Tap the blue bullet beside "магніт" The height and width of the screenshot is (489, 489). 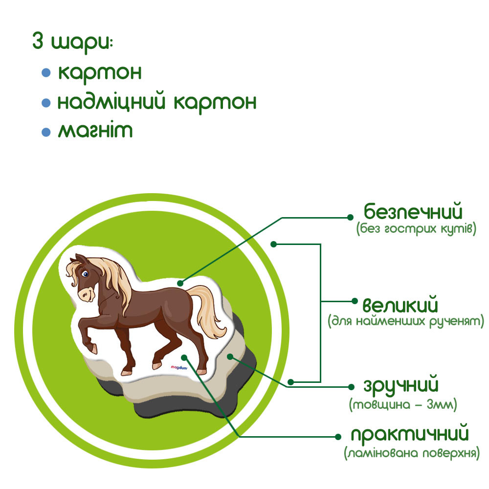(x=46, y=132)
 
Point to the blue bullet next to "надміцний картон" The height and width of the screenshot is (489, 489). (x=46, y=103)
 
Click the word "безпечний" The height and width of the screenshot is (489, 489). (x=413, y=213)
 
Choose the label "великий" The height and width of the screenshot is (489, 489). (x=400, y=306)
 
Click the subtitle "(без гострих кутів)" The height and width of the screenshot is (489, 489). (x=416, y=229)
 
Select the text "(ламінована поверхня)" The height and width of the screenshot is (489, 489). (x=411, y=453)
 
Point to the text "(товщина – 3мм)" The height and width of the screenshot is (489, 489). (x=403, y=404)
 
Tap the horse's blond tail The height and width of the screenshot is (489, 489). (x=208, y=313)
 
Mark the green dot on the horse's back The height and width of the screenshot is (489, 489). (x=180, y=283)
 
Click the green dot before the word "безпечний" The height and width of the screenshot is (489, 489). (x=350, y=217)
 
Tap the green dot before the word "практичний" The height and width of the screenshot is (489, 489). (x=337, y=435)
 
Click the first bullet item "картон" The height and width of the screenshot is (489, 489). (x=100, y=72)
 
